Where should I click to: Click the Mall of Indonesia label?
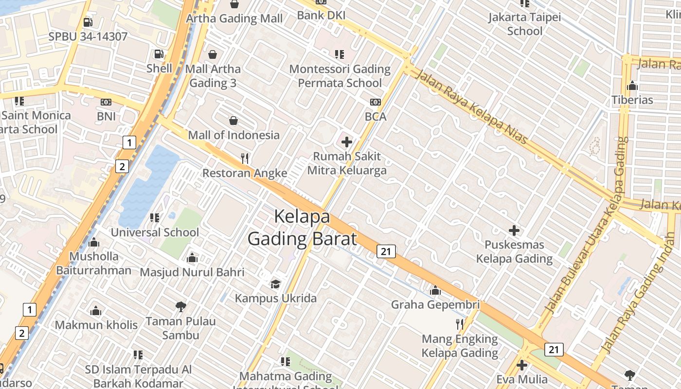(x=233, y=135)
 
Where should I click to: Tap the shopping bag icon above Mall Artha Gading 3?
(x=212, y=54)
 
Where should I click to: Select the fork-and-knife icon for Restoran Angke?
(x=245, y=158)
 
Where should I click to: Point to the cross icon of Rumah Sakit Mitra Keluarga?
(x=347, y=142)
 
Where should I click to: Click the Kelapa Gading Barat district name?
(x=302, y=228)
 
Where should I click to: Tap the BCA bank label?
(x=376, y=117)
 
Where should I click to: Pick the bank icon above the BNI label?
(x=106, y=102)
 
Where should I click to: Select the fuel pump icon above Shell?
(x=159, y=54)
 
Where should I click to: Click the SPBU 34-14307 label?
(x=88, y=36)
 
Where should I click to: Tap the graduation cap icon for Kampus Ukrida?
(x=276, y=284)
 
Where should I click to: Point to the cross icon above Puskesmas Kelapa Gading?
(x=514, y=230)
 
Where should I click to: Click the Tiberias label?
(x=632, y=100)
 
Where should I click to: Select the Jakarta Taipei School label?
(x=524, y=24)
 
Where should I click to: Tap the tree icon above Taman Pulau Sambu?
(x=181, y=307)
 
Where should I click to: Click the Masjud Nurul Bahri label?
(x=192, y=272)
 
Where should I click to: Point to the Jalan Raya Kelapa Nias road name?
(x=471, y=108)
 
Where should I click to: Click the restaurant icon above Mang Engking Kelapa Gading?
(x=460, y=324)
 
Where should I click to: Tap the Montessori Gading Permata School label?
(x=340, y=76)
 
